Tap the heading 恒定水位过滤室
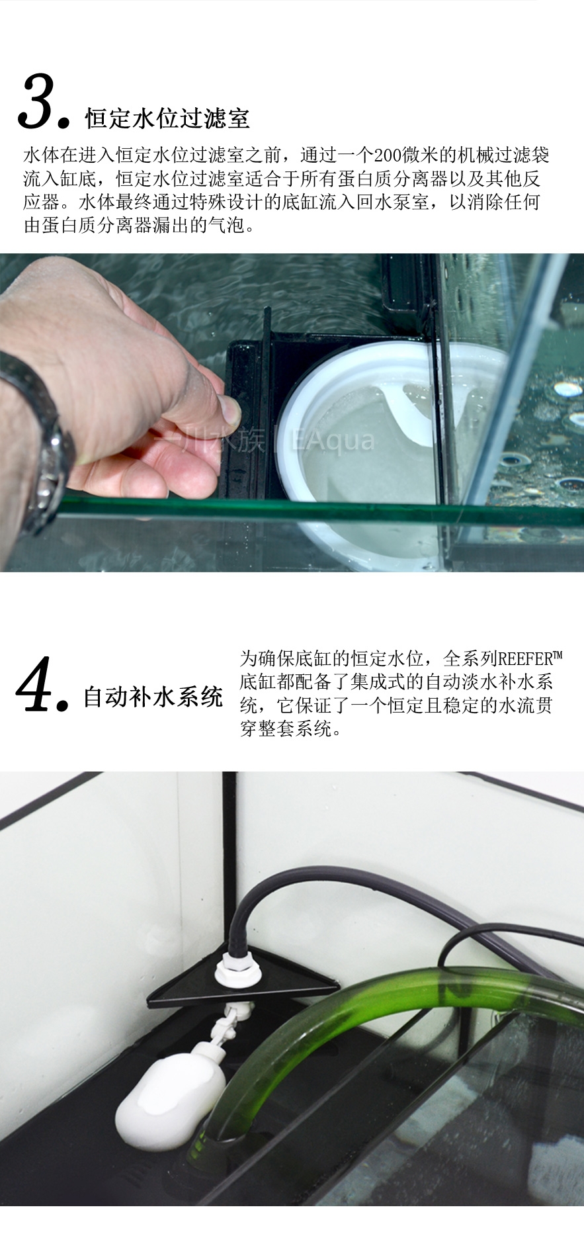click(167, 118)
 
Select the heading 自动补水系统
click(153, 697)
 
